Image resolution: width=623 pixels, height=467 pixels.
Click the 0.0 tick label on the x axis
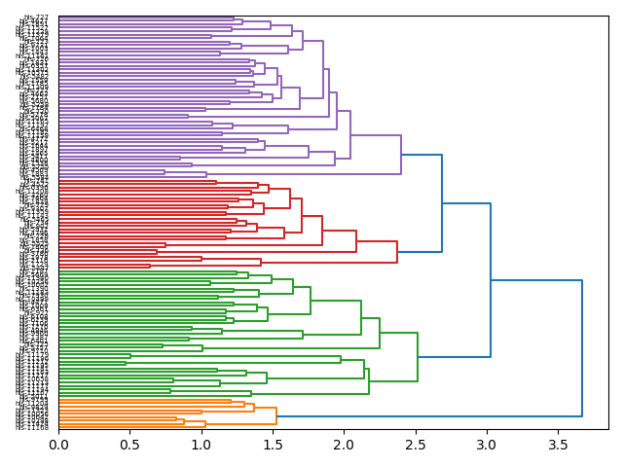point(59,445)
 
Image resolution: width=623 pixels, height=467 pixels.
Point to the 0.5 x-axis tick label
point(130,445)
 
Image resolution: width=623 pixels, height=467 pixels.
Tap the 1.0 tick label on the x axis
point(202,445)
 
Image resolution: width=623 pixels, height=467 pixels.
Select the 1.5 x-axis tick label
point(273,445)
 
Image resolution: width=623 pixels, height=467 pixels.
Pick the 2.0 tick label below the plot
point(344,445)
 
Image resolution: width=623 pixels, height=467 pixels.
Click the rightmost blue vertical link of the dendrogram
point(582,348)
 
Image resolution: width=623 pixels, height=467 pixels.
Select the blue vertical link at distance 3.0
point(491,280)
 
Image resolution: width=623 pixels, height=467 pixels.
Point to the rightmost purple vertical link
point(401,136)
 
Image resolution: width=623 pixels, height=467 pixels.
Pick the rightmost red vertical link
point(397,252)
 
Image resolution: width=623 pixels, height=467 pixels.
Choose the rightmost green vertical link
point(418,357)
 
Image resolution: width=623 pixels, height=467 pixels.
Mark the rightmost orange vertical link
point(276,416)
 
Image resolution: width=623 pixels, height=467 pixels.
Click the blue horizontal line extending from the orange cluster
point(428,416)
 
